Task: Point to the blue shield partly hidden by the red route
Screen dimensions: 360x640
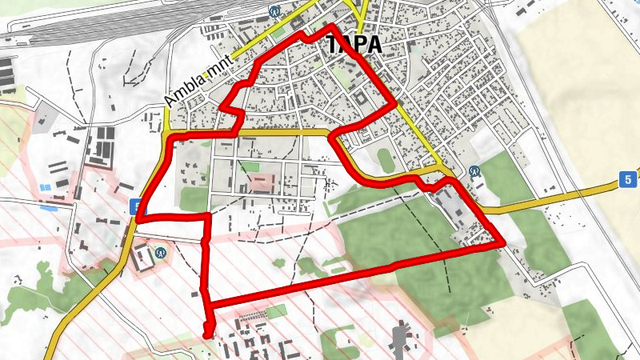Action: coord(134,206)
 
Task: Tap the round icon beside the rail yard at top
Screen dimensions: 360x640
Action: coord(274,12)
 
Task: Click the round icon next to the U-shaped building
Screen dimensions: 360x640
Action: coord(160,251)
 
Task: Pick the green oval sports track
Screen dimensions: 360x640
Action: coord(386,160)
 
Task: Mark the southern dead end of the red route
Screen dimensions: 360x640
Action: coord(209,334)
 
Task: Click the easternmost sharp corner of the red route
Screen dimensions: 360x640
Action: coord(502,243)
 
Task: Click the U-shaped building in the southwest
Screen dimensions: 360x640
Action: coord(144,256)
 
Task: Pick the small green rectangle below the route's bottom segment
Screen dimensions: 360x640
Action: coord(275,310)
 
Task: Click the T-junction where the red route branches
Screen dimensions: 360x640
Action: coord(207,216)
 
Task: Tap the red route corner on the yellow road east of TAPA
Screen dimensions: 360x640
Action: coord(395,103)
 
